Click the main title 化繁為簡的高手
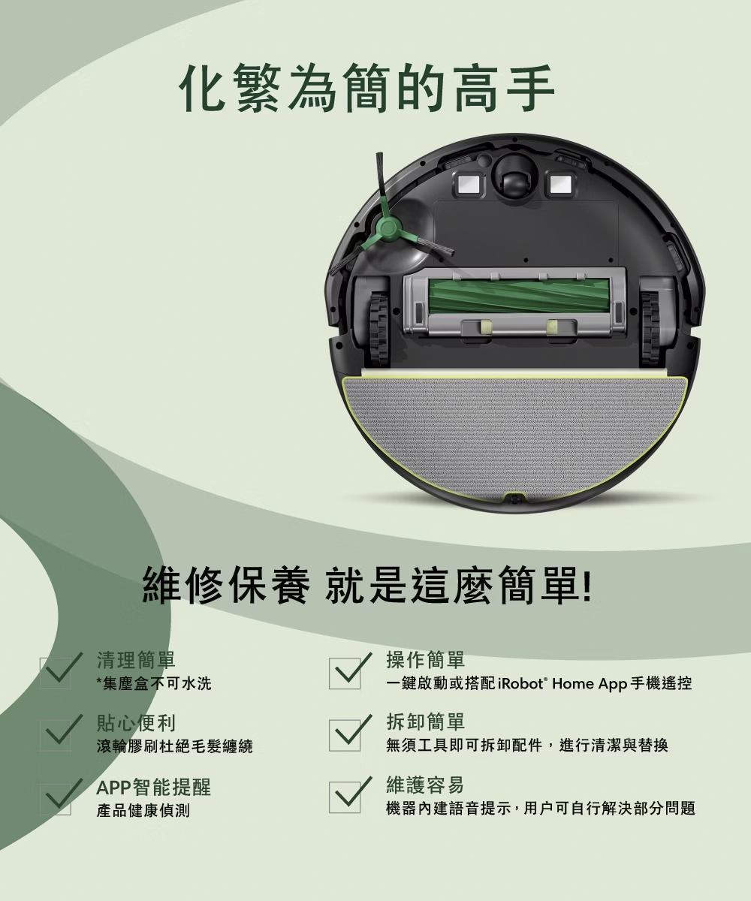[367, 88]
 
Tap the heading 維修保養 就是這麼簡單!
[367, 586]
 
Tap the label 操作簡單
[426, 659]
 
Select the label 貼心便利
[136, 722]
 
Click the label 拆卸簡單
[426, 722]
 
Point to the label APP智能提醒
[153, 787]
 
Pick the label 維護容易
[426, 785]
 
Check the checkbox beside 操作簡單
[345, 673]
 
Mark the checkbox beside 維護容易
[345, 797]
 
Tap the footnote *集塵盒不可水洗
[154, 683]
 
